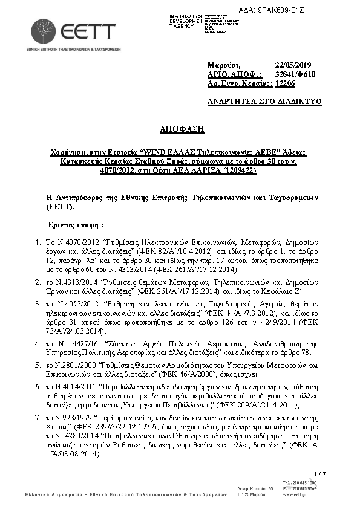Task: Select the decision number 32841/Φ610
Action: tap(295, 74)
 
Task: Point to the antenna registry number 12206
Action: tap(285, 84)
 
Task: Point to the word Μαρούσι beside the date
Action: tap(224, 65)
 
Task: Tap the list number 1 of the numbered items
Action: tap(36, 242)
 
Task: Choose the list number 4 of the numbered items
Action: tap(36, 343)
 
